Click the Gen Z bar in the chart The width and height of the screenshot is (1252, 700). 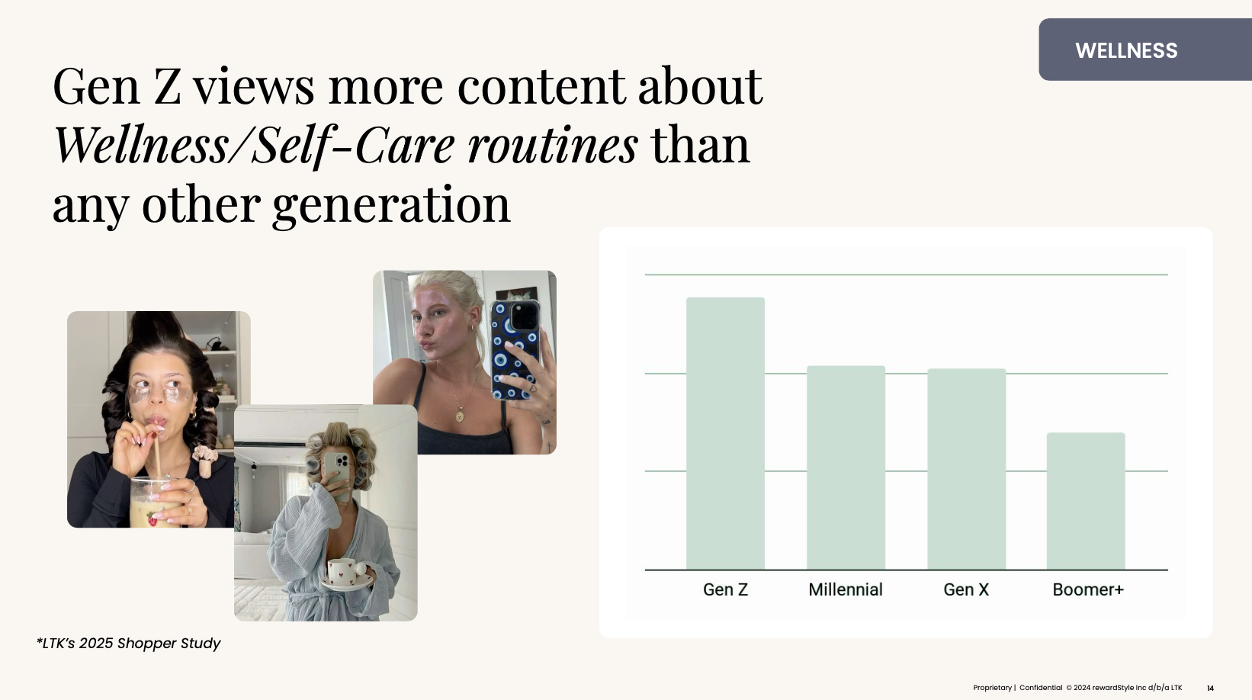tap(725, 433)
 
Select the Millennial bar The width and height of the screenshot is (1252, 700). tap(846, 467)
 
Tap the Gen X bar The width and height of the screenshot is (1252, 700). tap(966, 469)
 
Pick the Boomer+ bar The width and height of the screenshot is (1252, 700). tap(1086, 501)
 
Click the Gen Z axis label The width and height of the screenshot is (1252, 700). tap(725, 589)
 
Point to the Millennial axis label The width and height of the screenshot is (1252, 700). tap(845, 589)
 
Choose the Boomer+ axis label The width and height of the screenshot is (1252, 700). tap(1087, 589)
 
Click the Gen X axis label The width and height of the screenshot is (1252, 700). tap(966, 589)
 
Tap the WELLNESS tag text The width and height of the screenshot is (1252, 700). tap(1125, 50)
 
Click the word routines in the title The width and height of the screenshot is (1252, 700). tap(552, 146)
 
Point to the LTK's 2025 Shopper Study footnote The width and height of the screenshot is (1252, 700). tap(129, 643)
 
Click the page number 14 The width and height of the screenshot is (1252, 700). tap(1210, 689)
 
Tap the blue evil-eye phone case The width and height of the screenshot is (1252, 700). tap(515, 349)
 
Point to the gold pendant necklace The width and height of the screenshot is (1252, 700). tap(459, 416)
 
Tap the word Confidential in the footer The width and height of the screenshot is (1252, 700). tap(1041, 688)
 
